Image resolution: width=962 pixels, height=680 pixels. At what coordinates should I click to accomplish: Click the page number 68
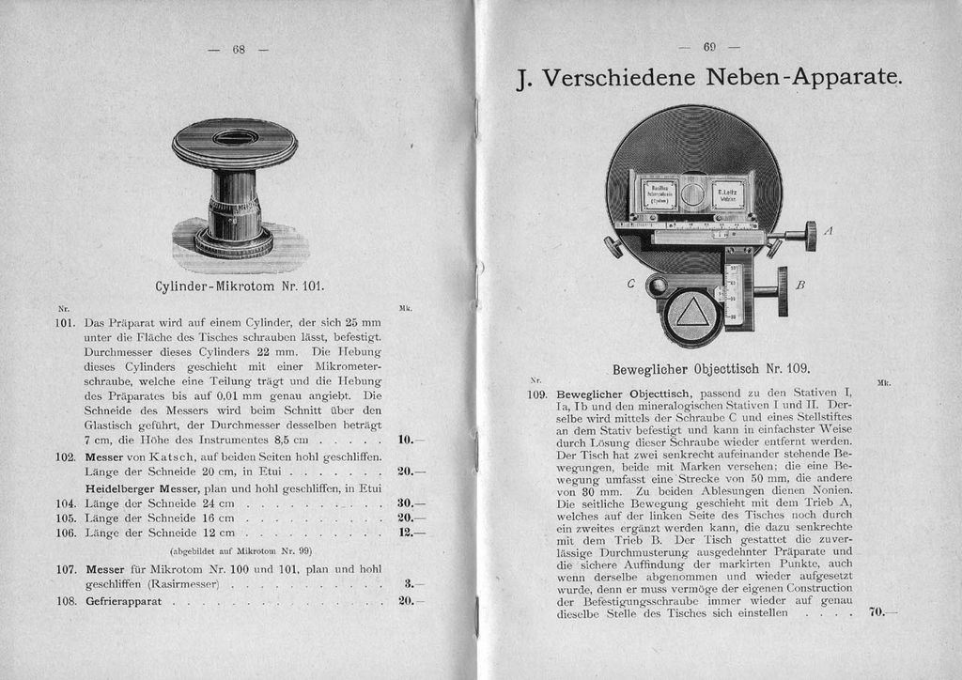(238, 50)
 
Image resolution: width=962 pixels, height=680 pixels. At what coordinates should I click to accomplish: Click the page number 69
(709, 46)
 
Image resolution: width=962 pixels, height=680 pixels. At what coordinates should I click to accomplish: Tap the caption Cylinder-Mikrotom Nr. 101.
(239, 285)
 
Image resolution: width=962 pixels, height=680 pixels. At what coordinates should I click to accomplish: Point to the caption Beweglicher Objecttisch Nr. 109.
(711, 369)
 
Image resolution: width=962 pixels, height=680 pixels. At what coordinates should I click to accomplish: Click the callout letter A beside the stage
(828, 231)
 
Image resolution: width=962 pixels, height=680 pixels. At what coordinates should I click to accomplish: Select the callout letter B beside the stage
(800, 284)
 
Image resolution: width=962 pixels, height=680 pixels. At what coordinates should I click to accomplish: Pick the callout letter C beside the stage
(631, 283)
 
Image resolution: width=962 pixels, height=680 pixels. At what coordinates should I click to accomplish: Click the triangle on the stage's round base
(692, 311)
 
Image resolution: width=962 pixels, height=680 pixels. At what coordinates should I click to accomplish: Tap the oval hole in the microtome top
(235, 138)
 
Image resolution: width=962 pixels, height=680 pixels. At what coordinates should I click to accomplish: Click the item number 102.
(65, 456)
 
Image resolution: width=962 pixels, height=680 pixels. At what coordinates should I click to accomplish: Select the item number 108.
(65, 601)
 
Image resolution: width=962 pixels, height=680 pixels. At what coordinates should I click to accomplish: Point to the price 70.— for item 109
(880, 612)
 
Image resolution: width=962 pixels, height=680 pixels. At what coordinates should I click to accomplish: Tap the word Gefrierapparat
(123, 601)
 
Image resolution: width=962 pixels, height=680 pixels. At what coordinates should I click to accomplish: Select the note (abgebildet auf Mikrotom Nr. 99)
(240, 550)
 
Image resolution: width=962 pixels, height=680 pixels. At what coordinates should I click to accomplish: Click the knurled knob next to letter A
(810, 236)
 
